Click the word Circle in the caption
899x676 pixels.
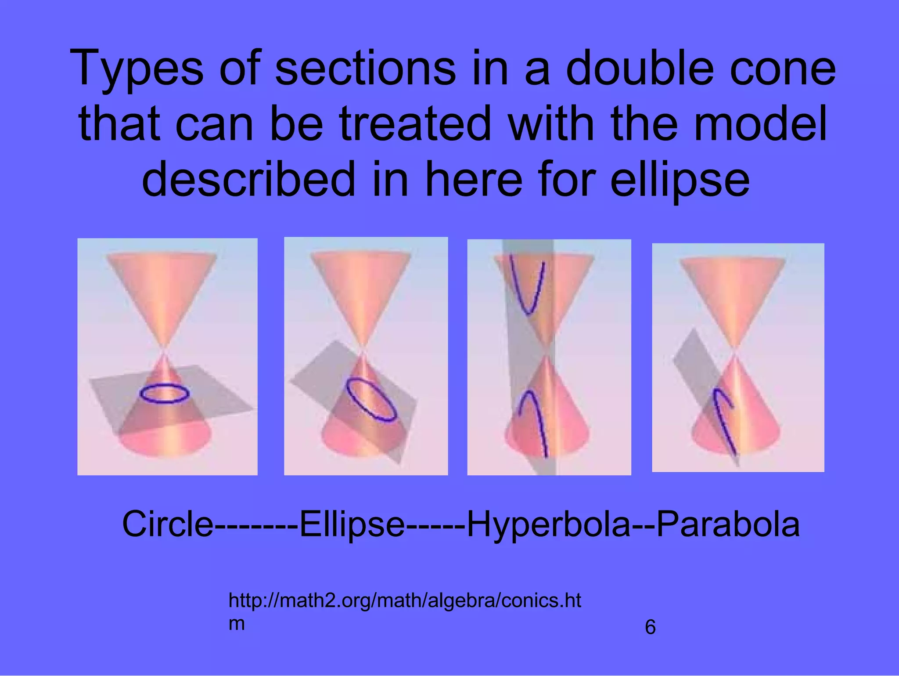pos(167,524)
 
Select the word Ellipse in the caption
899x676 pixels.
pos(351,524)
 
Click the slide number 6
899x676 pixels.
pos(650,627)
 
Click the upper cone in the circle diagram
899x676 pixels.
pos(162,286)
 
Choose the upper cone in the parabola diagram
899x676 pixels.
pos(732,290)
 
